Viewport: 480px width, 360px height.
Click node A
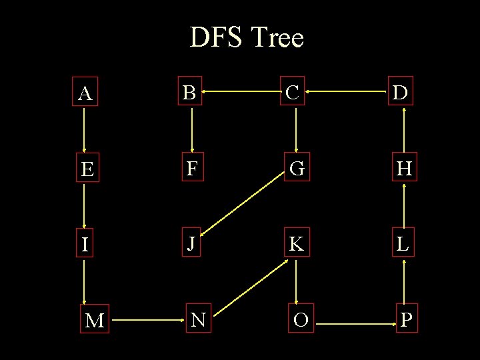[x=84, y=93]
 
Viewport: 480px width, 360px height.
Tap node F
[x=191, y=169]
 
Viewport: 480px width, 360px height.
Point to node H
[x=403, y=169]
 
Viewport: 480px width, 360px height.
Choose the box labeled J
[x=191, y=244]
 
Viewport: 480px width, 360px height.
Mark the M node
[x=95, y=321]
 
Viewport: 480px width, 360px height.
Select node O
[x=301, y=321]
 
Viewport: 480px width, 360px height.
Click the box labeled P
[x=406, y=321]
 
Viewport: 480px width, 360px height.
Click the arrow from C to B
[x=241, y=93]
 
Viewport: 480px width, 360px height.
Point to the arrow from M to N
[x=147, y=321]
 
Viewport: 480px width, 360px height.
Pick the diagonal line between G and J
[x=243, y=207]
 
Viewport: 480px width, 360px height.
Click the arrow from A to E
[x=84, y=131]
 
